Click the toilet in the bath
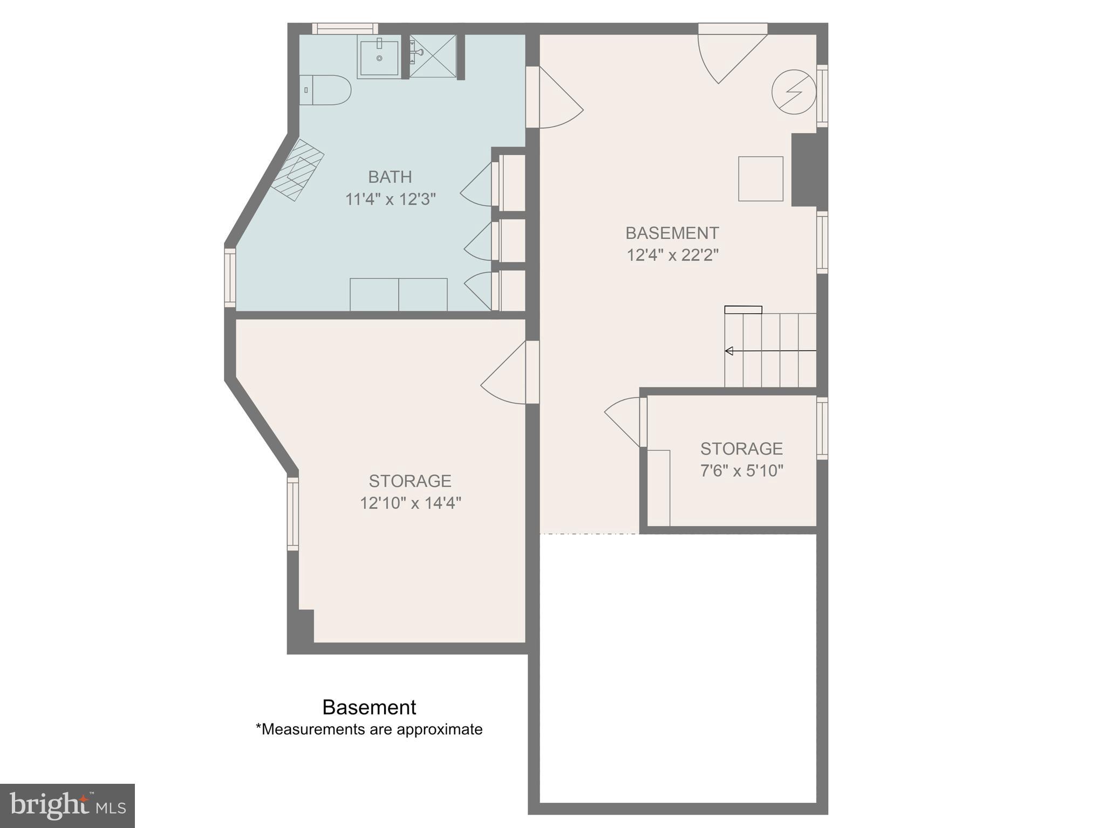click(326, 90)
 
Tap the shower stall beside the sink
click(433, 56)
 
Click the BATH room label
click(390, 177)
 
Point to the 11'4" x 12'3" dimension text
click(390, 199)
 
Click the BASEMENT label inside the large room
click(672, 233)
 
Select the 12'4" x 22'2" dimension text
click(672, 255)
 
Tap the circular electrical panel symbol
click(793, 92)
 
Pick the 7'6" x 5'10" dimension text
click(741, 471)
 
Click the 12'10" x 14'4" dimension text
click(410, 503)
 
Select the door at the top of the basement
click(726, 54)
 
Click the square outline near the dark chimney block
click(760, 179)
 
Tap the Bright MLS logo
click(67, 806)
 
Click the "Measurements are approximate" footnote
click(369, 729)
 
